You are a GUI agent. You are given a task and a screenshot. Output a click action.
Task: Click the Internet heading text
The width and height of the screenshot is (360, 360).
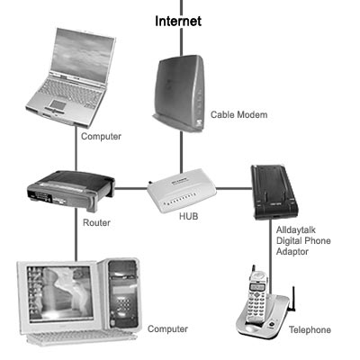tap(178, 21)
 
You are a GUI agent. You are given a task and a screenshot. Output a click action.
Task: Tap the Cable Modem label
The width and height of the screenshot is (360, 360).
tap(238, 114)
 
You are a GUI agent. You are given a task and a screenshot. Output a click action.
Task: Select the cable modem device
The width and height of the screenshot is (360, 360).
tap(179, 93)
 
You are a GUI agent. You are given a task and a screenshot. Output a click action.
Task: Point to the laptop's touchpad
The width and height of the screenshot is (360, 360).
tap(58, 104)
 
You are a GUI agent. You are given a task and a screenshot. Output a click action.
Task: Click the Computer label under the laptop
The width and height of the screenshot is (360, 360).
tap(101, 137)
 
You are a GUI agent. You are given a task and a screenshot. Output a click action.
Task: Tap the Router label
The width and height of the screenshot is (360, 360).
tap(96, 223)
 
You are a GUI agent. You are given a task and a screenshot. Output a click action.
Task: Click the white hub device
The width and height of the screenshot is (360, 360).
tap(182, 191)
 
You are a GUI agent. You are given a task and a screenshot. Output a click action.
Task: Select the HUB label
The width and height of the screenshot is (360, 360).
tap(189, 216)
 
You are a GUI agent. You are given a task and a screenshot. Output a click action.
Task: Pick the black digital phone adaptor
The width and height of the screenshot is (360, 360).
tap(274, 192)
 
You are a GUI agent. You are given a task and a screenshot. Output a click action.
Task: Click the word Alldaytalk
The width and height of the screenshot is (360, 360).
tap(296, 230)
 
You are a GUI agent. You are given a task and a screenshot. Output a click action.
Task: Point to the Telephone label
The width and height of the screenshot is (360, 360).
tap(310, 330)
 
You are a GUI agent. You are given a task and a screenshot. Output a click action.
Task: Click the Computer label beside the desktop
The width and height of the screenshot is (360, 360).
tap(167, 329)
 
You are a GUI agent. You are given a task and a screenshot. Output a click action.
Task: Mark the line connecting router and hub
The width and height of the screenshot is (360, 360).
tap(131, 189)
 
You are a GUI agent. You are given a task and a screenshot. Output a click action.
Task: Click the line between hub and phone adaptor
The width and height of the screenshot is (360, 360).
tap(234, 189)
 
